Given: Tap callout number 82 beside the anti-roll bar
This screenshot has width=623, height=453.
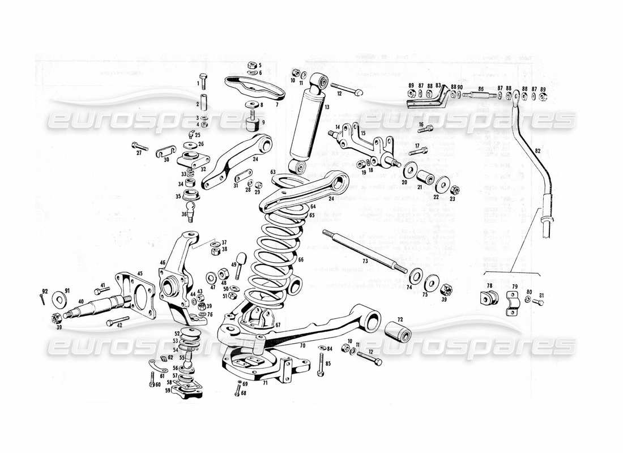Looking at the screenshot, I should [537, 151].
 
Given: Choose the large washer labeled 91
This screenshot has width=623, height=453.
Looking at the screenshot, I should [58, 298].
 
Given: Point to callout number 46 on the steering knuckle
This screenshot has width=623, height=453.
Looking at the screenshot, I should [163, 263].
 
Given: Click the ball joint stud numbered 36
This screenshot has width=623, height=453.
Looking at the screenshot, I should [192, 214].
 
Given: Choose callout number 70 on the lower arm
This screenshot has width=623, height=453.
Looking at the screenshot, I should [302, 344].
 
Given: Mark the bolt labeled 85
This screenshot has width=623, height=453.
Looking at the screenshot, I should [322, 365].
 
